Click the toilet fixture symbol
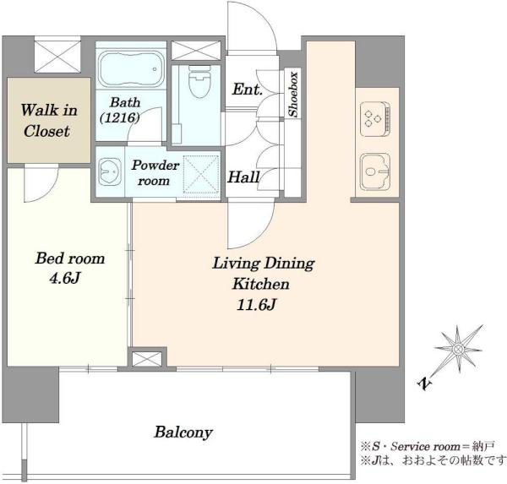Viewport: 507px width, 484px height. point(199,82)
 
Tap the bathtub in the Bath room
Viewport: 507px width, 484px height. point(131,69)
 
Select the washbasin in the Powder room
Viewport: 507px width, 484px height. point(110,171)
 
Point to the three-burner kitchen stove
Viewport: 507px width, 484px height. point(375,118)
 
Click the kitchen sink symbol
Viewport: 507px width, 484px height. point(375,171)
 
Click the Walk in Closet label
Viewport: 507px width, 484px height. point(48,121)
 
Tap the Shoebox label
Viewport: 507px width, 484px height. point(293,94)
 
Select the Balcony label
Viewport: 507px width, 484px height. point(183,432)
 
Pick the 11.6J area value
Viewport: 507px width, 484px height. point(256,305)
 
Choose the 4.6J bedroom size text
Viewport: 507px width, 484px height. point(65,278)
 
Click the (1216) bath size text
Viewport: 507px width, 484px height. point(120,117)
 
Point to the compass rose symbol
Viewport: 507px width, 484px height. point(458,349)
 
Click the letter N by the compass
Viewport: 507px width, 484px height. point(425,383)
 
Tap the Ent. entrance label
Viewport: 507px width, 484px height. point(247,89)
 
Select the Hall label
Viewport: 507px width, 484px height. point(243,177)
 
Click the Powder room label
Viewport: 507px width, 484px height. point(155,172)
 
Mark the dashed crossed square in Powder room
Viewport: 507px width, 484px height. point(201,175)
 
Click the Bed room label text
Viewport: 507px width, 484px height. point(70,258)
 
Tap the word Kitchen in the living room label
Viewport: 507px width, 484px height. point(260,284)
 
